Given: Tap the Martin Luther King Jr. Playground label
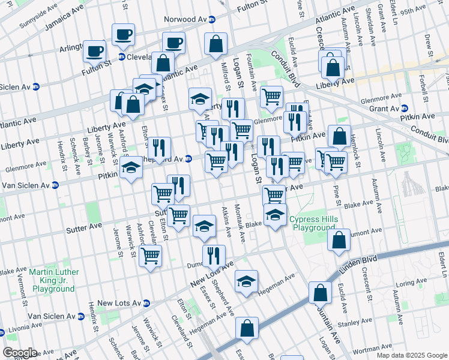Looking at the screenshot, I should click(54, 280).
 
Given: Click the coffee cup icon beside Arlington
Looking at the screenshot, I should click(94, 50).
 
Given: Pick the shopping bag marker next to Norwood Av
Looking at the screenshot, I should click(215, 43).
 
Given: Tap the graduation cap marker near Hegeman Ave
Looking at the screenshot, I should click(246, 281).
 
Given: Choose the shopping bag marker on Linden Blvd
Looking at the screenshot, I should click(320, 292).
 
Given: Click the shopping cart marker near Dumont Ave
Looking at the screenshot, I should click(150, 255).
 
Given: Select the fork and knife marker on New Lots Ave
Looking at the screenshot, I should click(214, 256).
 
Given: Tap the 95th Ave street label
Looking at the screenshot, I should click(413, 11).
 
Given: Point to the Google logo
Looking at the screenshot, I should click(20, 353).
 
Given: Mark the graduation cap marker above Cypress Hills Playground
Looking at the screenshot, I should click(275, 214).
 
